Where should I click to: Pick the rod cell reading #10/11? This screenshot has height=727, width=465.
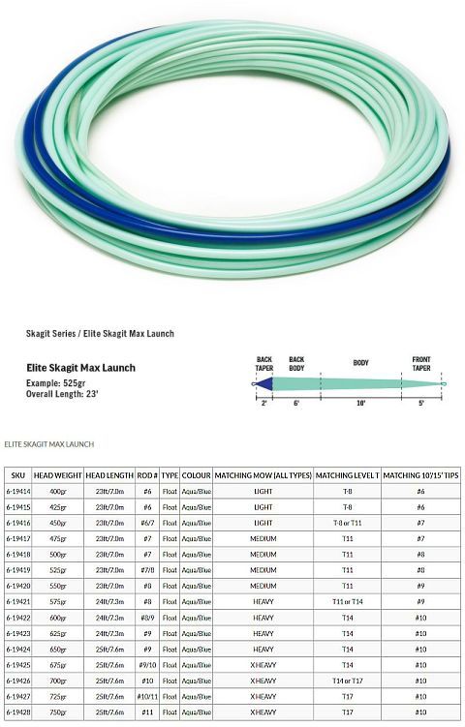click(x=148, y=695)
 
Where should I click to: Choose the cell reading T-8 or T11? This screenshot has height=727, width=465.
click(x=347, y=523)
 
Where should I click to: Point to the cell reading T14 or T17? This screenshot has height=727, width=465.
click(x=347, y=680)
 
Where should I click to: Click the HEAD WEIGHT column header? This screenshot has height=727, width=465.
click(x=57, y=475)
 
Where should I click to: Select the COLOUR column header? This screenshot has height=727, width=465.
click(x=197, y=475)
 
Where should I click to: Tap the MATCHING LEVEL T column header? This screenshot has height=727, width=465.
click(x=347, y=475)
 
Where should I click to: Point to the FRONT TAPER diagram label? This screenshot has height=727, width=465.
click(x=421, y=362)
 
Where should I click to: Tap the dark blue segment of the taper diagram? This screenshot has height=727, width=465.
click(x=266, y=384)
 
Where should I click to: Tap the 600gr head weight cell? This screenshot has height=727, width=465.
click(x=57, y=617)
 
